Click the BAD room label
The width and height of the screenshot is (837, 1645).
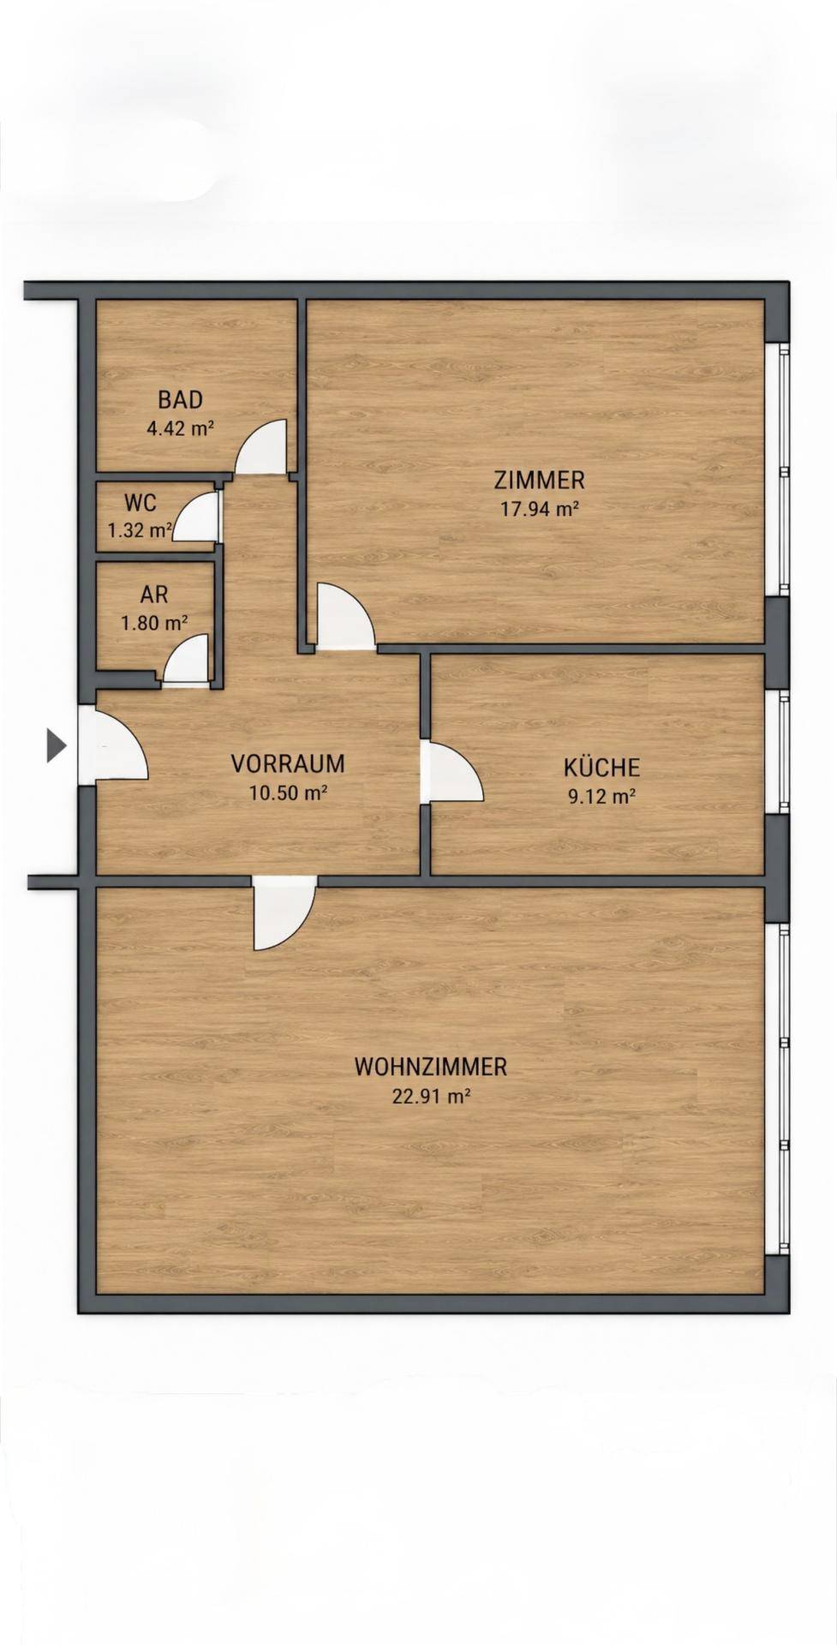click(x=180, y=399)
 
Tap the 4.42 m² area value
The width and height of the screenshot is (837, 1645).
click(x=180, y=428)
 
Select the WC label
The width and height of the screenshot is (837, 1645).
click(x=140, y=502)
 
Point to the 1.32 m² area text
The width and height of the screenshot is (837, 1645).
click(x=140, y=530)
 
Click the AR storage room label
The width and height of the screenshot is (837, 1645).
click(x=154, y=594)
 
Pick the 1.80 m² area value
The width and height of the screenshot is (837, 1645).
click(x=154, y=623)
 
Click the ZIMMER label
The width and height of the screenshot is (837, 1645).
click(x=540, y=479)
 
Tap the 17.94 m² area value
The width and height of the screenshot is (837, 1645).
click(x=540, y=508)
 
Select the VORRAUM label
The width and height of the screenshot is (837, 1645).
click(x=288, y=763)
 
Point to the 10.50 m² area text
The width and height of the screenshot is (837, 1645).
click(x=288, y=793)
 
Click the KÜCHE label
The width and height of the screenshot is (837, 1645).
click(x=601, y=766)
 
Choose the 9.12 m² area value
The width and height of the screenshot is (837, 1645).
click(x=601, y=796)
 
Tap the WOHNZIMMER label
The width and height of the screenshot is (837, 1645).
click(x=431, y=1067)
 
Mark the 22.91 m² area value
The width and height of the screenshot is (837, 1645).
click(x=431, y=1096)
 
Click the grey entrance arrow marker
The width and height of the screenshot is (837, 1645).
click(x=56, y=745)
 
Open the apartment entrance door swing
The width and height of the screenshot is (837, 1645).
click(x=113, y=745)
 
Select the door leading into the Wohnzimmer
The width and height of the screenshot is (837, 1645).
click(x=284, y=913)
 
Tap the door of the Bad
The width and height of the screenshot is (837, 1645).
click(x=261, y=447)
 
